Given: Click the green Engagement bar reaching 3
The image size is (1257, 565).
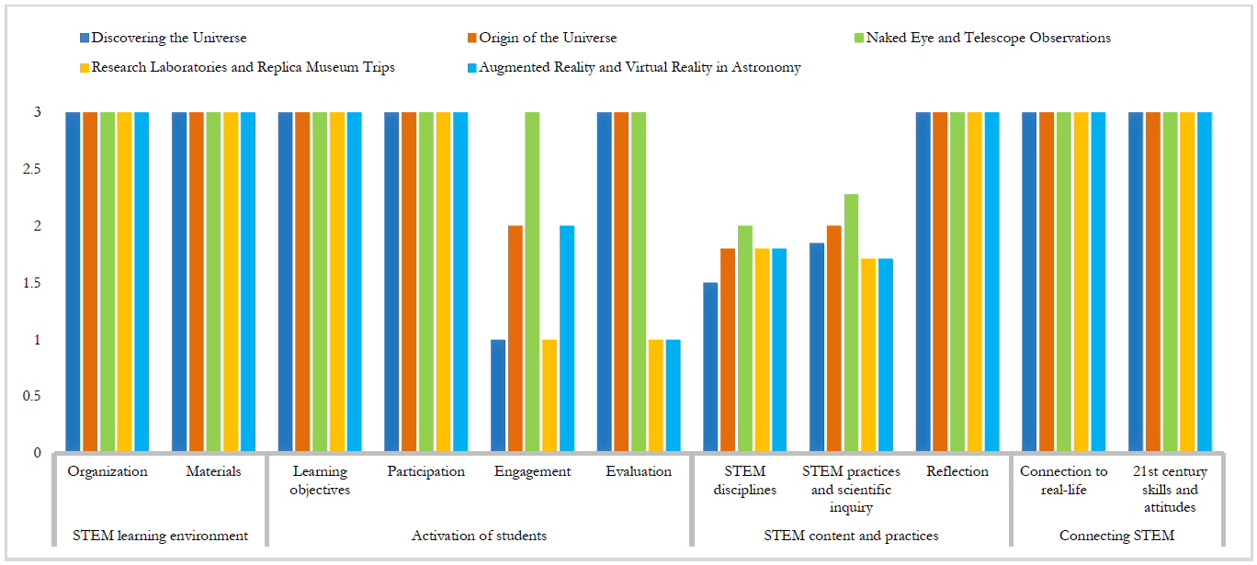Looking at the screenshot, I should pos(532,282).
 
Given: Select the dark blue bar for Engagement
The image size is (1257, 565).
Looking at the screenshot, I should pos(498,396).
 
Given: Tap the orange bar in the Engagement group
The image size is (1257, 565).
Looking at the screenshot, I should pos(515,339).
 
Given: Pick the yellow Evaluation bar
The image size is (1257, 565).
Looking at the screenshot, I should pos(655,396).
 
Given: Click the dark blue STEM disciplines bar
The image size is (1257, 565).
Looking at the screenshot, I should pos(710,367).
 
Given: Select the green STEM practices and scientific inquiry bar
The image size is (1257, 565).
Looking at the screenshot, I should pos(851,323).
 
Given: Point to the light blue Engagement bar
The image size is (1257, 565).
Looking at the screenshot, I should pos(567,339).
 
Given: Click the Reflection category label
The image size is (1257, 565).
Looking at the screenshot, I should pos(957,471).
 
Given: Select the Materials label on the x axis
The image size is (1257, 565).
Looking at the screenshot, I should pos(213,471).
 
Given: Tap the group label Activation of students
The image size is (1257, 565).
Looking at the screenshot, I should pos(479,536).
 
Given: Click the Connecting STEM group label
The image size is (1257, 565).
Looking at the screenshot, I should pos(1116,536).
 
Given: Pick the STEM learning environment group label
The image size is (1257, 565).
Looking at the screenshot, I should pos(160,536).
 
